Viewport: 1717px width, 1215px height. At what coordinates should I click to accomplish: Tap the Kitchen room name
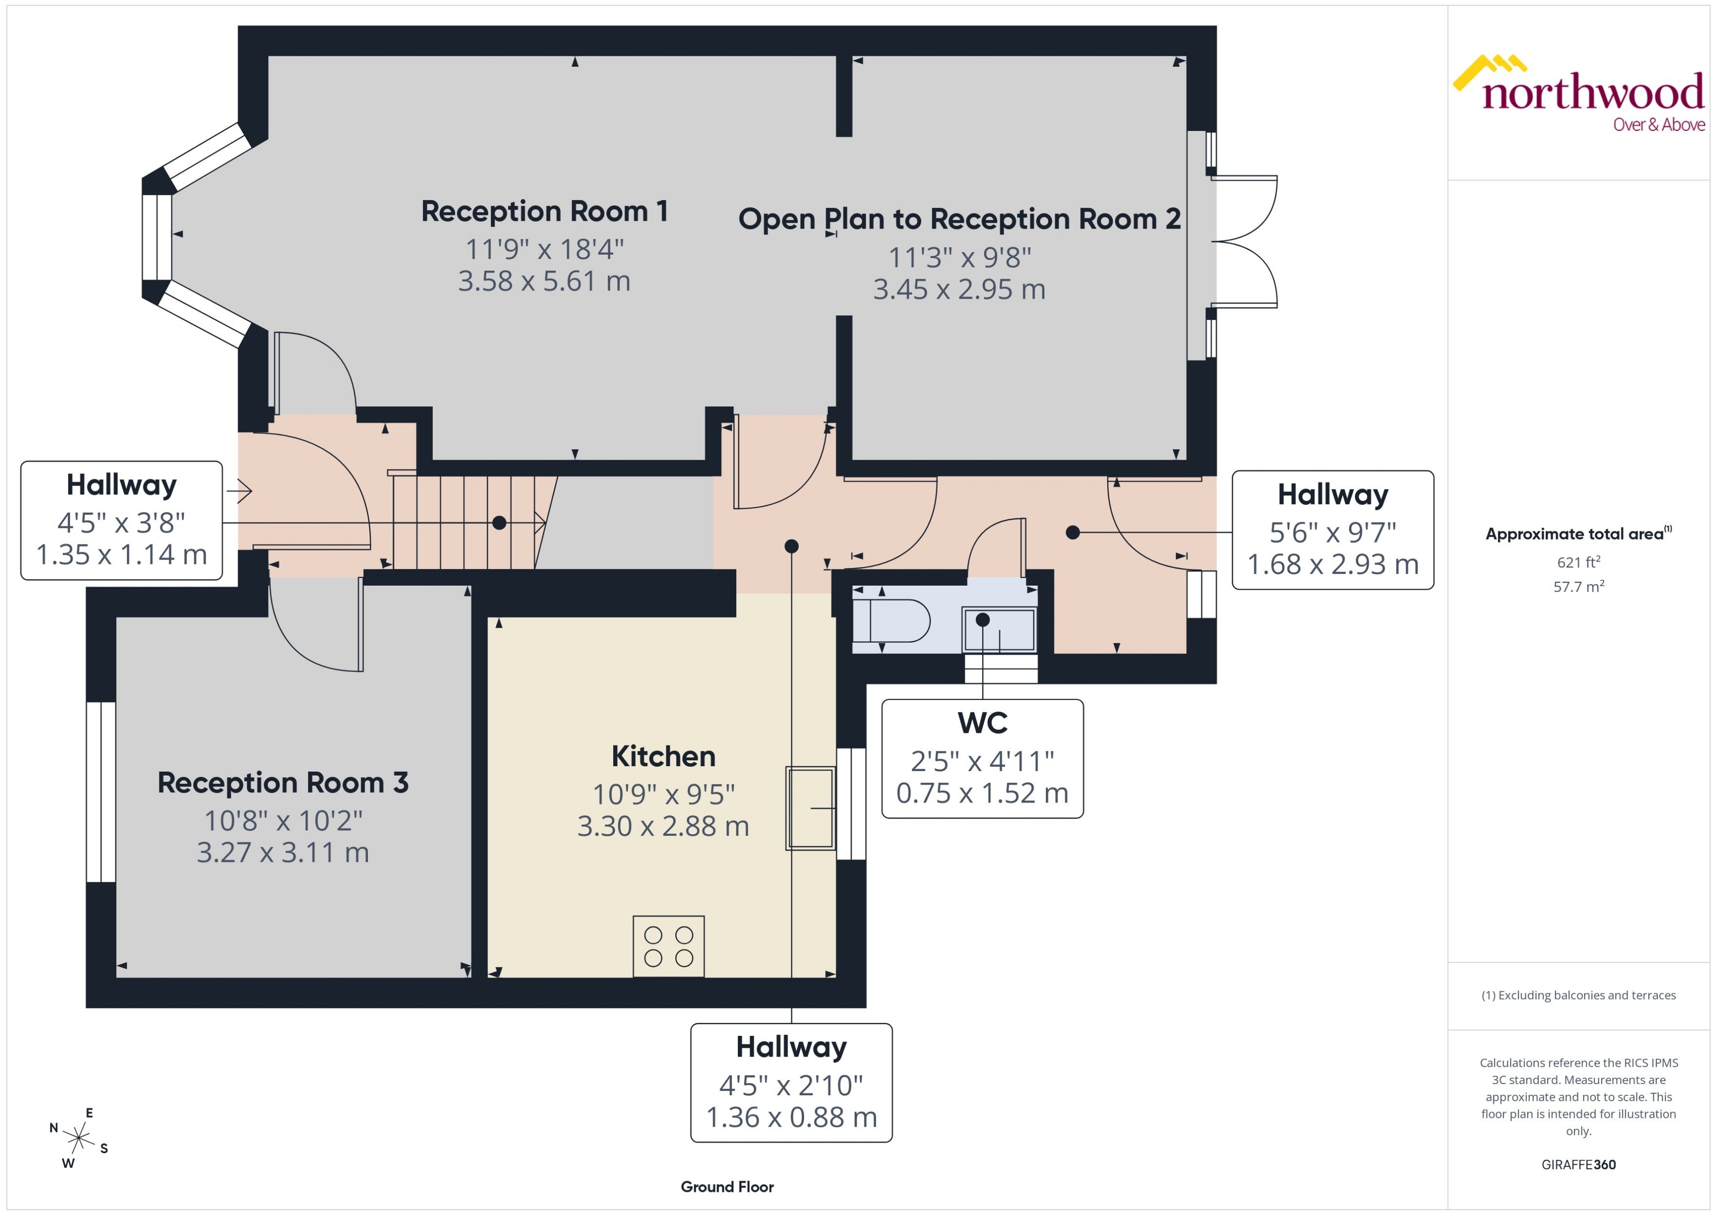[x=663, y=756]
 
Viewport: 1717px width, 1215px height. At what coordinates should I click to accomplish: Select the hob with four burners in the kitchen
[x=668, y=946]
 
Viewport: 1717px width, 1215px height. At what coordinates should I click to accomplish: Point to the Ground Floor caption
[x=727, y=1187]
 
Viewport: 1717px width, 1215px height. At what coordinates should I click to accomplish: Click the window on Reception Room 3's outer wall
[x=101, y=792]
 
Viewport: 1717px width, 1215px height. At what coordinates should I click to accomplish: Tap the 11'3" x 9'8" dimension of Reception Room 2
[x=959, y=258]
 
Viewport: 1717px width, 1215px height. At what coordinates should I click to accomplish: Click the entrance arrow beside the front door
[x=239, y=491]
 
